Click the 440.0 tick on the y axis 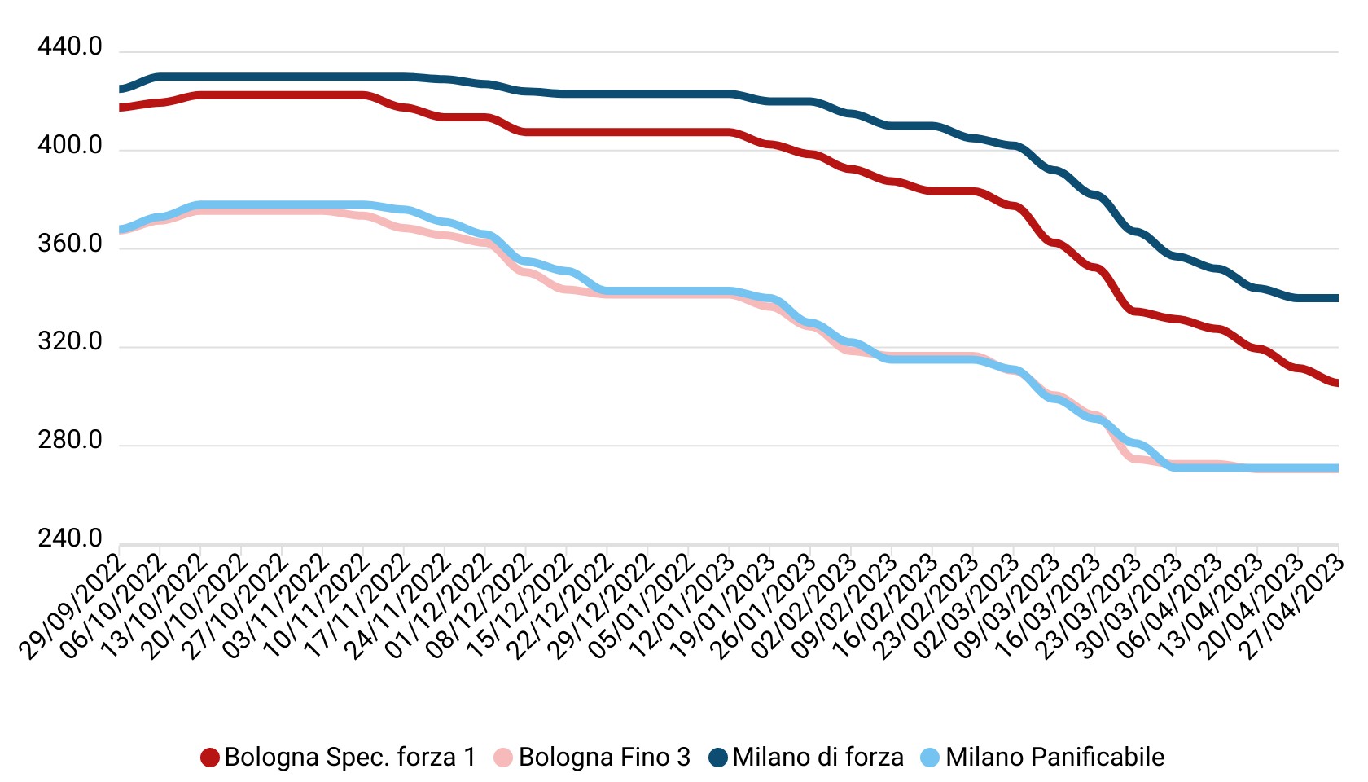(70, 47)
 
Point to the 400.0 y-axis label (70, 146)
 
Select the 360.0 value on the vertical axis (70, 244)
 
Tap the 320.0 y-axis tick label (70, 342)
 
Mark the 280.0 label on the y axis (70, 441)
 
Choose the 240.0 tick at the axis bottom (70, 539)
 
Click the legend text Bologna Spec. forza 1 (350, 758)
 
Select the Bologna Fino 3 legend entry (604, 758)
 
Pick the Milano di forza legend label (818, 758)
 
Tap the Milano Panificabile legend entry (1054, 758)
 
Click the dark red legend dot (210, 758)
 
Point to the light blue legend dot (930, 758)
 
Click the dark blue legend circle (718, 758)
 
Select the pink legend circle (503, 758)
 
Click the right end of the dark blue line (1337, 298)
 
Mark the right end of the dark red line (1337, 383)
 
